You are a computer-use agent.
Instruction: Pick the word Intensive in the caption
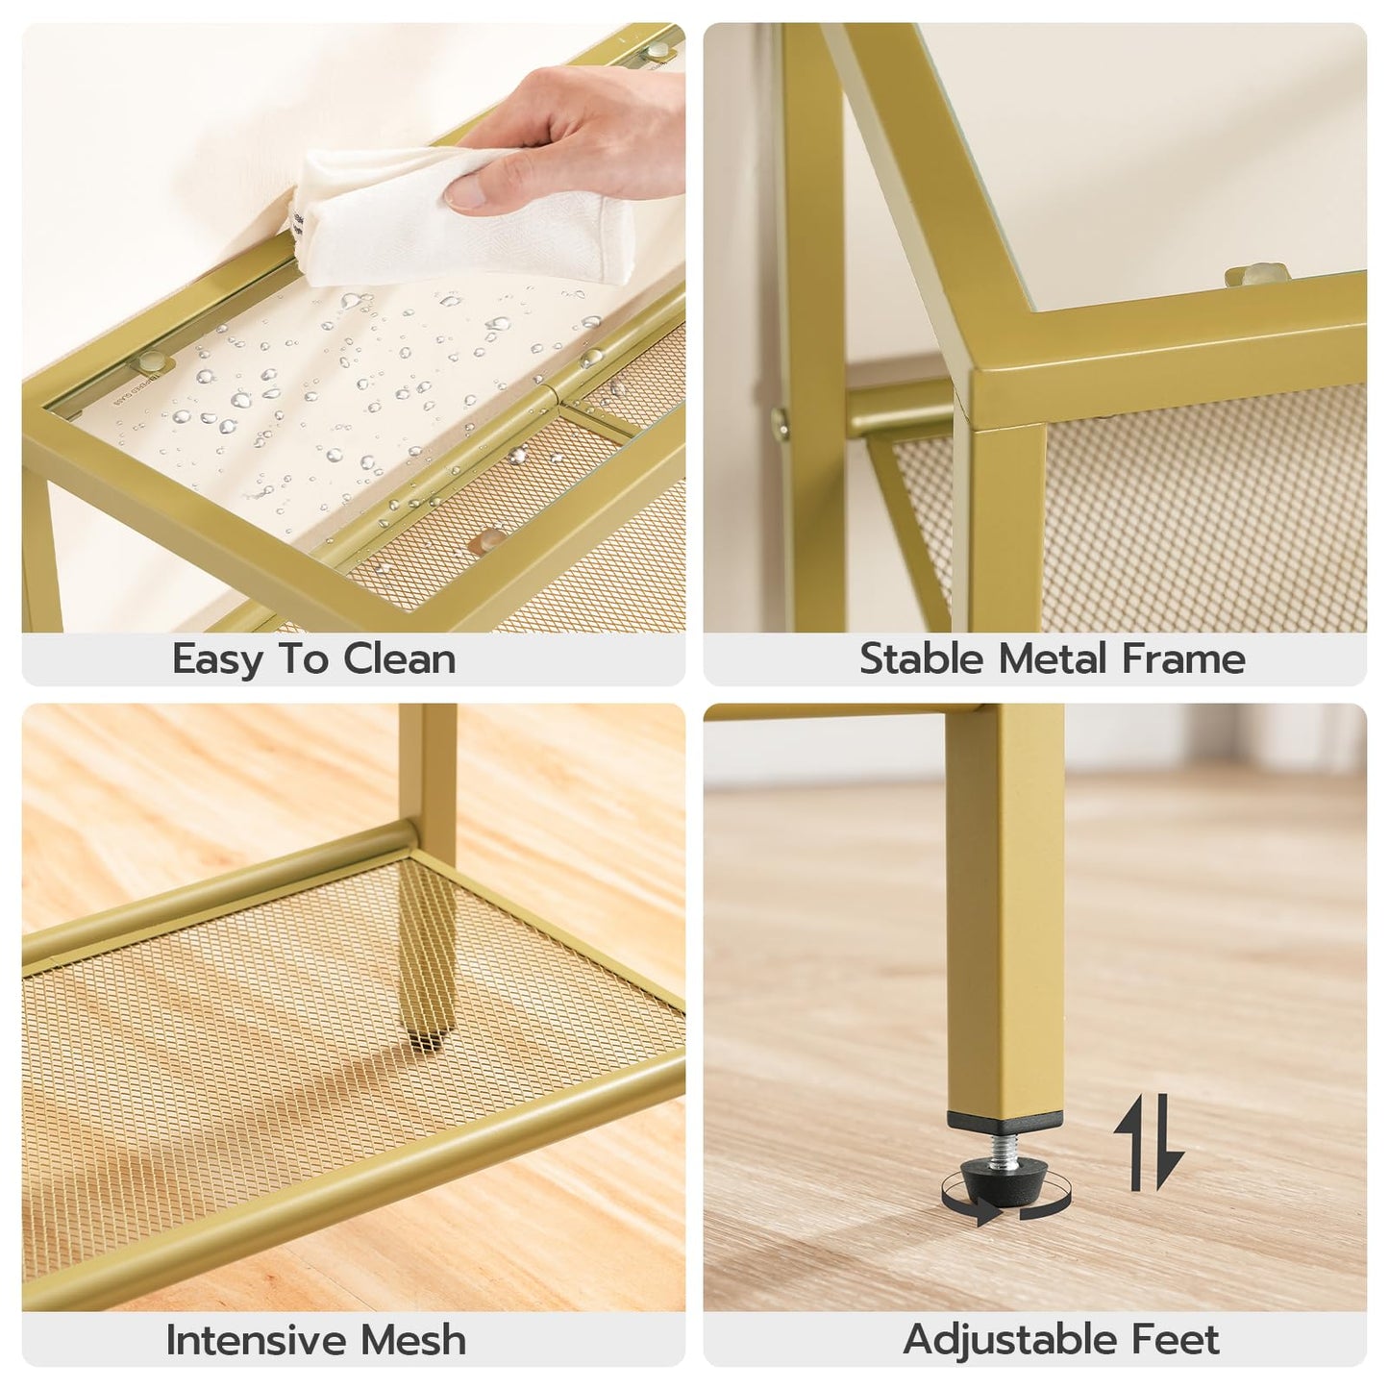pos(257,1340)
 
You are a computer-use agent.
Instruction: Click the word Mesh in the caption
pos(413,1340)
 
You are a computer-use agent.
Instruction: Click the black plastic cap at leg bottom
pos(1005,1122)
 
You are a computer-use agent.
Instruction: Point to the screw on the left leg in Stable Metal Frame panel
pos(780,419)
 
